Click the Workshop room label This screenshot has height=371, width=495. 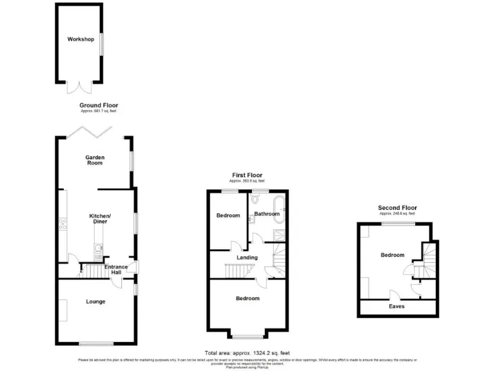pyautogui.click(x=81, y=39)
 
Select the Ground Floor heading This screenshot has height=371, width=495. pyautogui.click(x=99, y=105)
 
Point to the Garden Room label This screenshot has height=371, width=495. pyautogui.click(x=95, y=161)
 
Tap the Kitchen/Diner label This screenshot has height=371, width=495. pyautogui.click(x=99, y=218)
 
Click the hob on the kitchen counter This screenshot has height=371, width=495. pyautogui.click(x=63, y=224)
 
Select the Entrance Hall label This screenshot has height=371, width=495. pyautogui.click(x=116, y=269)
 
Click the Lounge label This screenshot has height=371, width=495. pyautogui.click(x=95, y=301)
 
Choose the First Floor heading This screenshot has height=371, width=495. pyautogui.click(x=247, y=175)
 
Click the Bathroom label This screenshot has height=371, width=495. pyautogui.click(x=266, y=214)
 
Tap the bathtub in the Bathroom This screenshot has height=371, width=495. pyautogui.click(x=277, y=207)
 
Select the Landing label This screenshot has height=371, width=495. pyautogui.click(x=247, y=258)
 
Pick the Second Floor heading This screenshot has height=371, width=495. pyautogui.click(x=397, y=208)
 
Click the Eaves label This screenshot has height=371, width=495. pyautogui.click(x=396, y=307)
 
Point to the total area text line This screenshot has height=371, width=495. pyautogui.click(x=247, y=353)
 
